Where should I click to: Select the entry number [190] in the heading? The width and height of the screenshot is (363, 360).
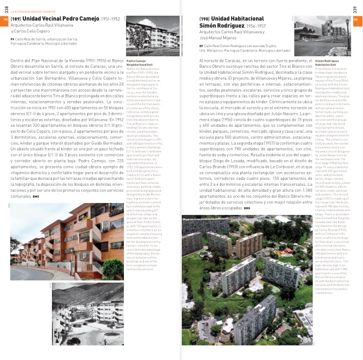205,18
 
